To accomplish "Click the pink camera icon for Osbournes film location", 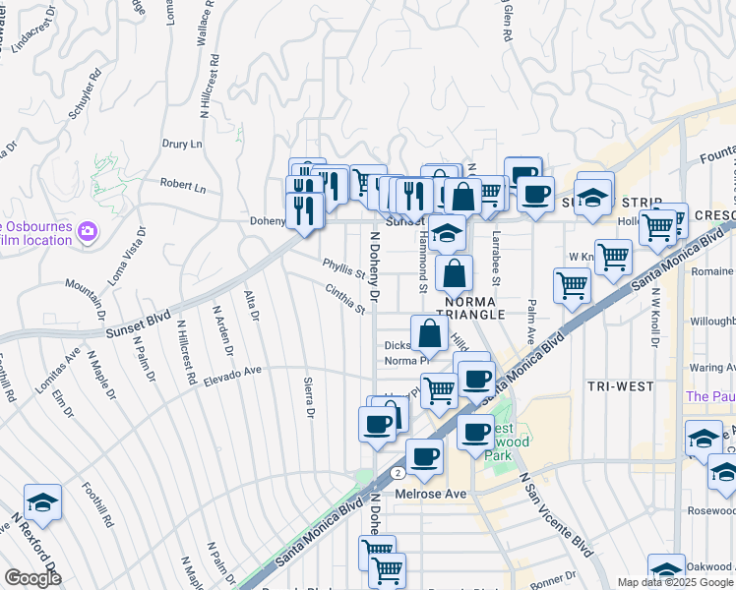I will tap(88, 231).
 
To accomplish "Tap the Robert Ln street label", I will tap(183, 186).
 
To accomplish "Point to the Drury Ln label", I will tap(183, 144).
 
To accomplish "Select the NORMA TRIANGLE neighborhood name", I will tap(474, 307).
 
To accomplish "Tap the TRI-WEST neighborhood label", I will tap(621, 386).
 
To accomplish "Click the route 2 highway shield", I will tap(397, 472).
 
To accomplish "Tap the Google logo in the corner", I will tap(32, 579).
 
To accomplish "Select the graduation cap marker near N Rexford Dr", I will tap(42, 503).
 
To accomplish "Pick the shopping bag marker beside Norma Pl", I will tap(429, 333).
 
